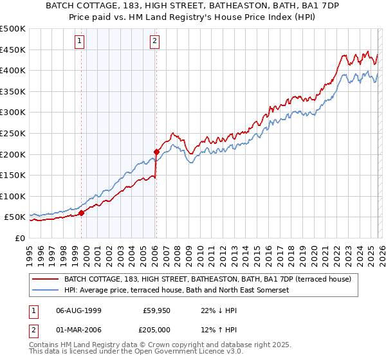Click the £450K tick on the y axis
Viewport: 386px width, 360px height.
[13, 50]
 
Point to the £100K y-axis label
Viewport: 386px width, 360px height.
[13, 196]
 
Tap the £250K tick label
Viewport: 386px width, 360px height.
[13, 133]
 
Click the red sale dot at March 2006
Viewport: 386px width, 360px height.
[156, 152]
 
